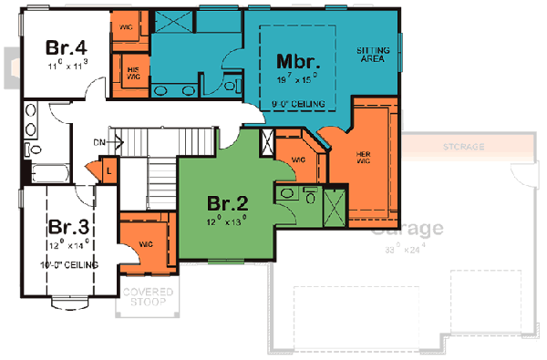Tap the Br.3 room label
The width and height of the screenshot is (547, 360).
pos(67,227)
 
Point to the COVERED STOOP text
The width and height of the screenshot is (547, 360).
pos(141,297)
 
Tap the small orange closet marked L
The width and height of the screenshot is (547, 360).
pos(108,170)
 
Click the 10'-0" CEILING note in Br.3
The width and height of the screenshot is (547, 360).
pos(69,263)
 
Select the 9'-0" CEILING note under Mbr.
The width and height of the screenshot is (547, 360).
pos(298,105)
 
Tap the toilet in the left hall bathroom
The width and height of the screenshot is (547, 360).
pos(29,149)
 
